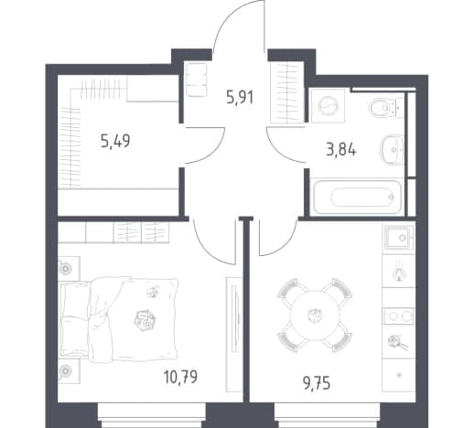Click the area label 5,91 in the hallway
click(240, 98)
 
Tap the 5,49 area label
click(115, 141)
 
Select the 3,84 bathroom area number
click(341, 150)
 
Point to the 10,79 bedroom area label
click(180, 377)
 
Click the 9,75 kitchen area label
click(317, 383)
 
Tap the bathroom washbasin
click(393, 150)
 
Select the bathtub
click(358, 197)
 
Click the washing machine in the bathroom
click(329, 106)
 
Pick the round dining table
click(315, 316)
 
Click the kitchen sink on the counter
click(399, 237)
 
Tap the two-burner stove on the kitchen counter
click(399, 316)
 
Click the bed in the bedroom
click(119, 319)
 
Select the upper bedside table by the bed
click(69, 268)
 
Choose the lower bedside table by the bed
click(69, 371)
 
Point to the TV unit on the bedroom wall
click(233, 334)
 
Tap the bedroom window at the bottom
click(152, 415)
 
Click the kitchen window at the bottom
click(328, 415)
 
